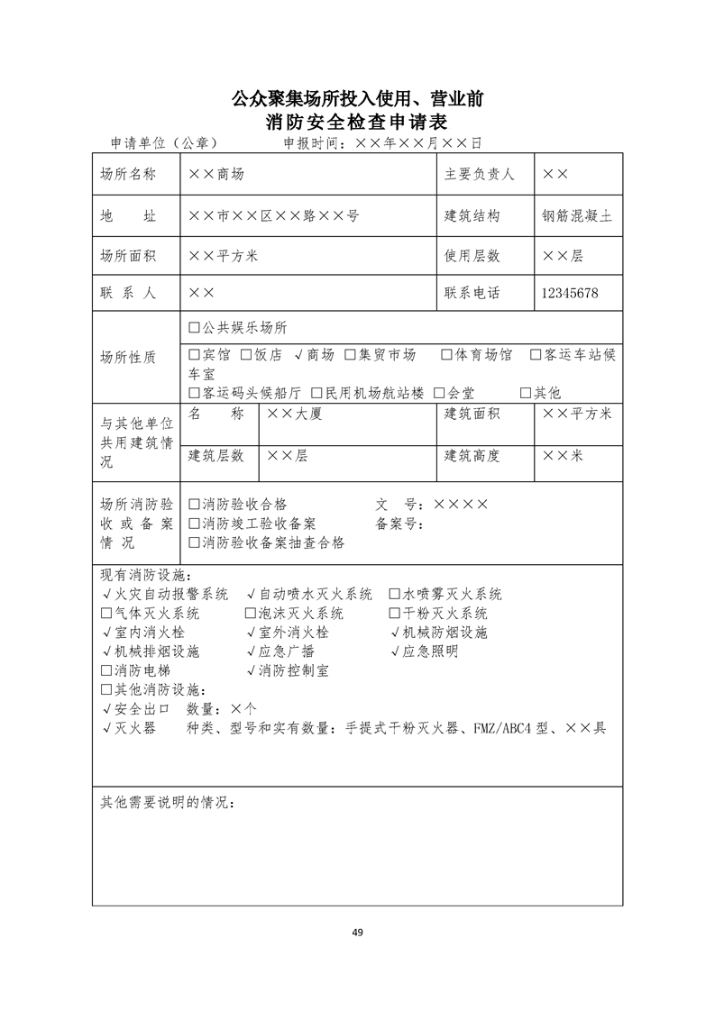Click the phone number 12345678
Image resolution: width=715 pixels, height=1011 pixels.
point(569,294)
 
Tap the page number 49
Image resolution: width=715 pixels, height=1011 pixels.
point(357,932)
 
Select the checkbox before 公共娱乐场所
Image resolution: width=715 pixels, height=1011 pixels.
point(194,328)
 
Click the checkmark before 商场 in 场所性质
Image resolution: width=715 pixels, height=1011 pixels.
point(298,355)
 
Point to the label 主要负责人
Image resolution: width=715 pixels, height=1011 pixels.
point(479,174)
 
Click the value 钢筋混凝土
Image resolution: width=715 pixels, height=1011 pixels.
point(577,216)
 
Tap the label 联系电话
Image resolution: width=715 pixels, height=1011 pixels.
point(472,294)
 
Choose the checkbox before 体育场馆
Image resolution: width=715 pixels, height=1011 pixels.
point(446,355)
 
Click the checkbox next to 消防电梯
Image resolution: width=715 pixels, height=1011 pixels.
point(107,671)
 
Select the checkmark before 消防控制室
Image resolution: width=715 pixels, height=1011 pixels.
point(251,671)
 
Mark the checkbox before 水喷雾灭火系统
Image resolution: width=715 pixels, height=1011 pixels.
point(394,595)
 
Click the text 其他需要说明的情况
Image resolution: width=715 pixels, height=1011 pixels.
point(166,803)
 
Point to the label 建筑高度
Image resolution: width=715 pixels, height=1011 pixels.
point(472,456)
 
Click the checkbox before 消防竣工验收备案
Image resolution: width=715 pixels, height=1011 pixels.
point(194,524)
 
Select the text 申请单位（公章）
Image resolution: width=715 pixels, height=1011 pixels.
point(163,142)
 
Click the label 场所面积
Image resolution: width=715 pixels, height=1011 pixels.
point(128,256)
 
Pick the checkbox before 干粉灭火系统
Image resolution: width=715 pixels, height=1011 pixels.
point(394,614)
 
